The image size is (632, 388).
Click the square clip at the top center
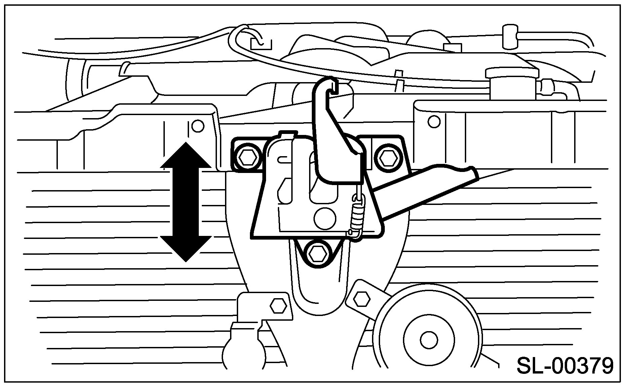(x=261, y=43)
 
